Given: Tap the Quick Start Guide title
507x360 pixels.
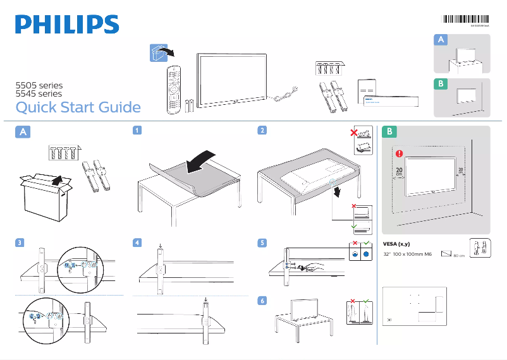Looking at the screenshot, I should pos(78,107).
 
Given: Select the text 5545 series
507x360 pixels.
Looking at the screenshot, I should pos(39,93).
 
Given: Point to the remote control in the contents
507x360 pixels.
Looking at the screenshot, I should pos(173,89).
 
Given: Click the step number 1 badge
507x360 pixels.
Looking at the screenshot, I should pos(137,131).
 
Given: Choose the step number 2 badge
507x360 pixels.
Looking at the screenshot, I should pos(261,131).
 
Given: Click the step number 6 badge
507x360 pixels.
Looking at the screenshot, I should pos(261,301).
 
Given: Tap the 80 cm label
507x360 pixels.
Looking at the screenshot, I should pos(459,256).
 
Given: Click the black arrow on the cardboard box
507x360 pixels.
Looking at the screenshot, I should pos(57,181).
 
